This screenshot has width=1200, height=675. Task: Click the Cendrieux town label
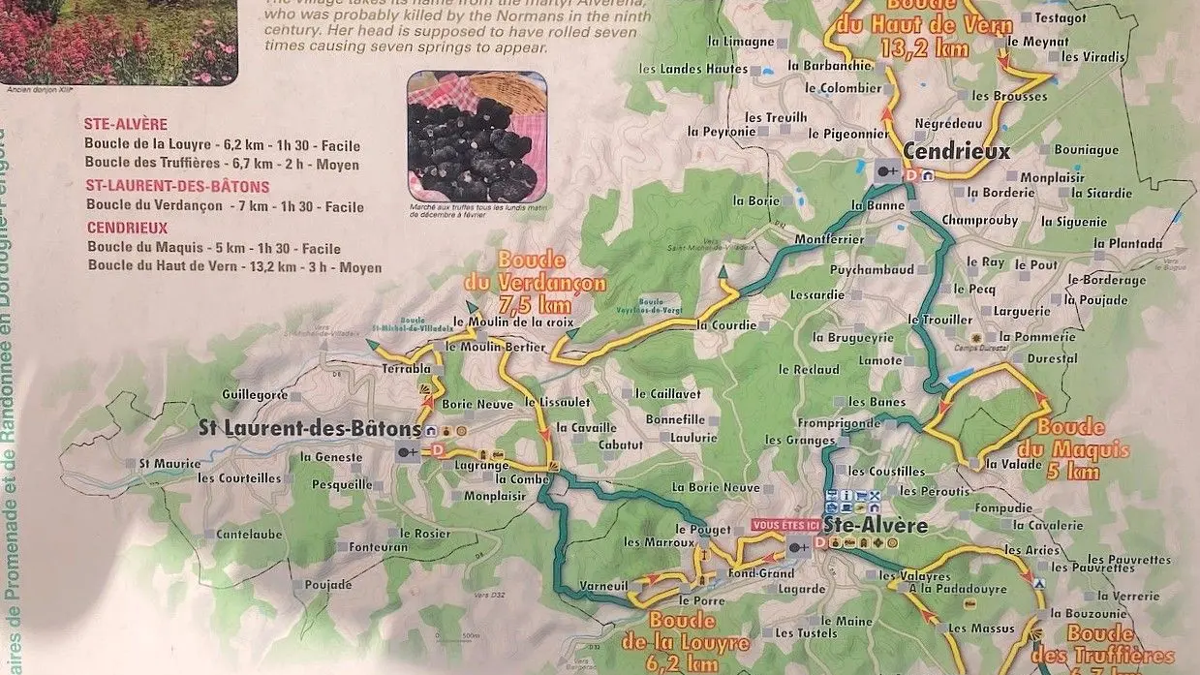click(x=957, y=151)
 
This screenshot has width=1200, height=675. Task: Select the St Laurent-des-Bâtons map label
click(x=309, y=428)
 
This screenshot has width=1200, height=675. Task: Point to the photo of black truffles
click(x=477, y=136)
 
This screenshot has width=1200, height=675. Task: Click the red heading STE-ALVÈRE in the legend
click(x=126, y=124)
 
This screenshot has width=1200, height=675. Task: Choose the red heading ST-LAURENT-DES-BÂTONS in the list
click(x=177, y=186)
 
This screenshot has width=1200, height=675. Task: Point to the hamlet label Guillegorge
click(x=255, y=395)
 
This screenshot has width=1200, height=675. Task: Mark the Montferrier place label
click(x=827, y=239)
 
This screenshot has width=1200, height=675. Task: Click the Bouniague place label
click(x=1086, y=150)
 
